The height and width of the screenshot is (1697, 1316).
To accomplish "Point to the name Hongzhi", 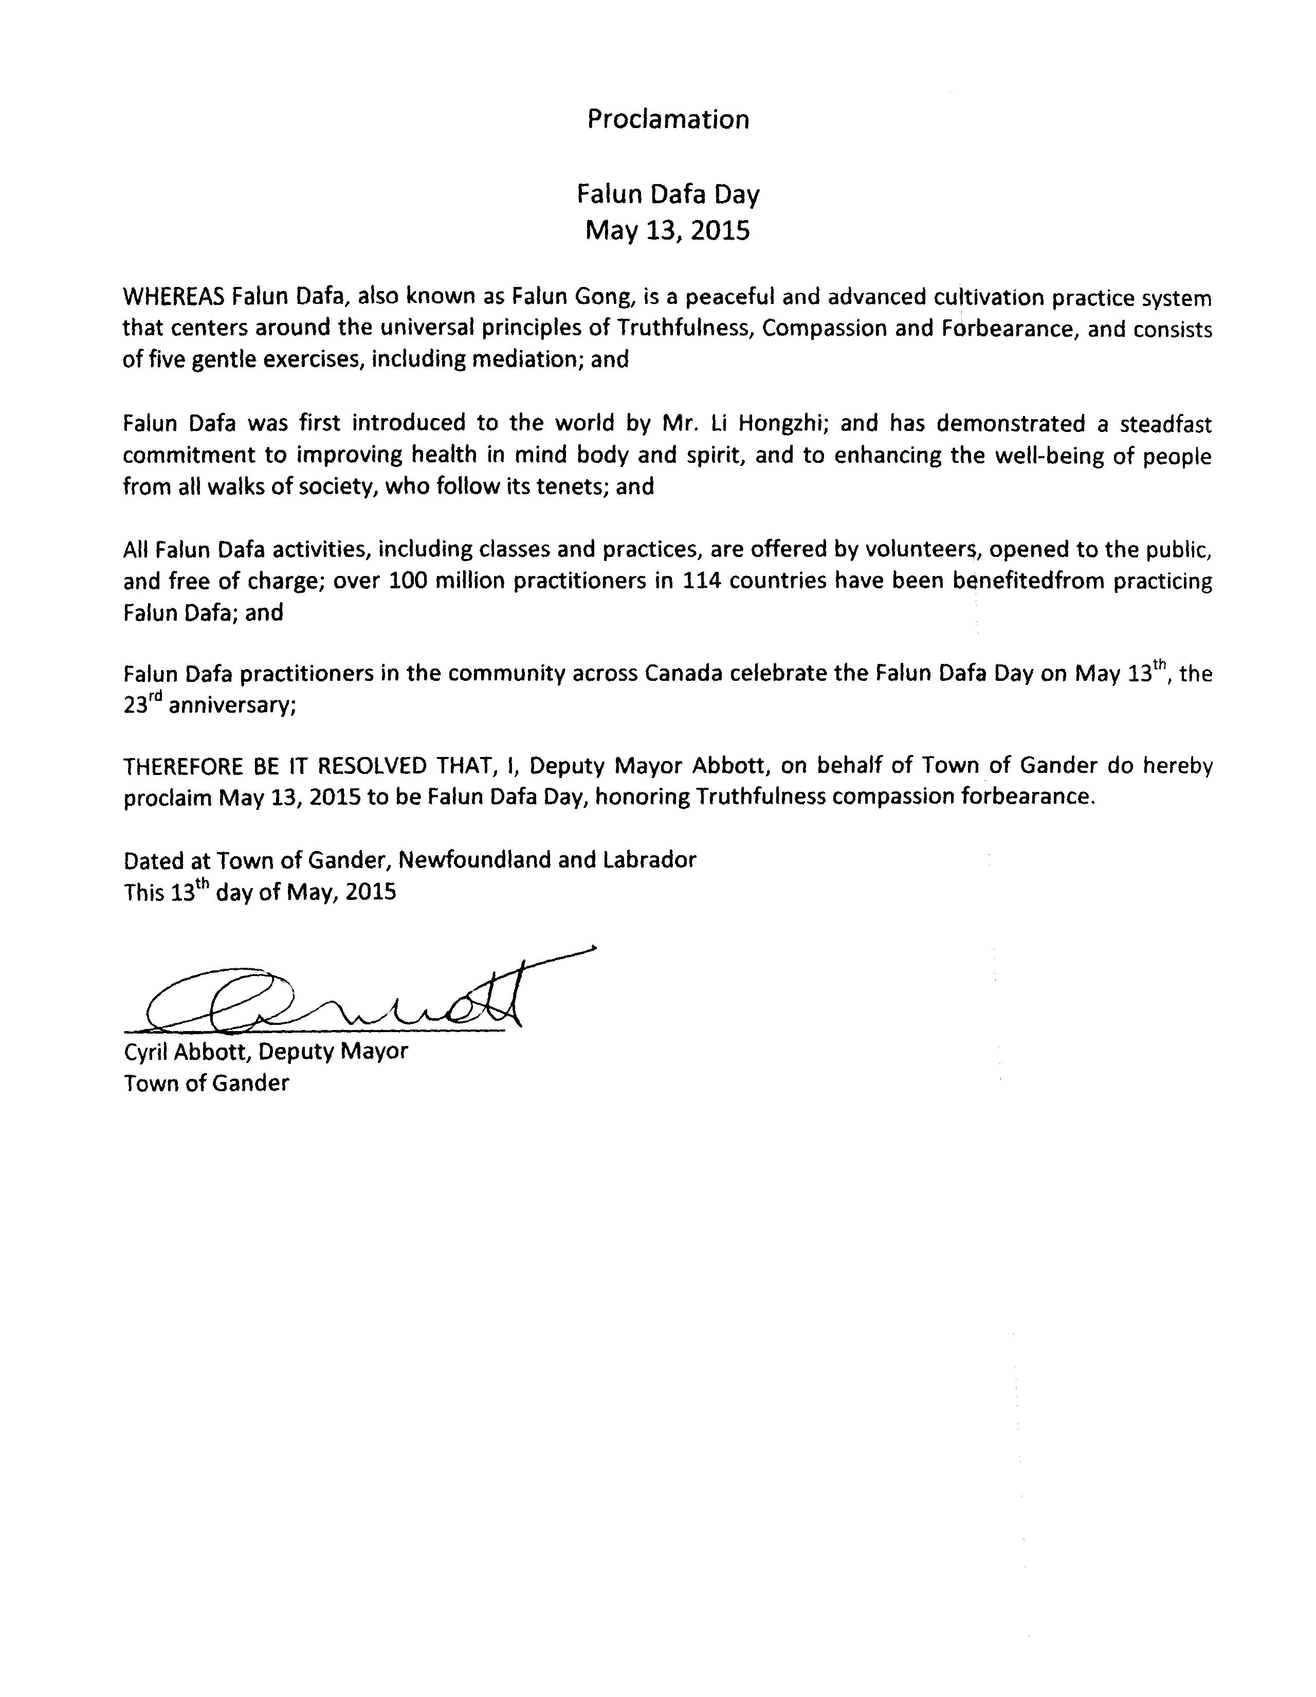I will click(x=784, y=423).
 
